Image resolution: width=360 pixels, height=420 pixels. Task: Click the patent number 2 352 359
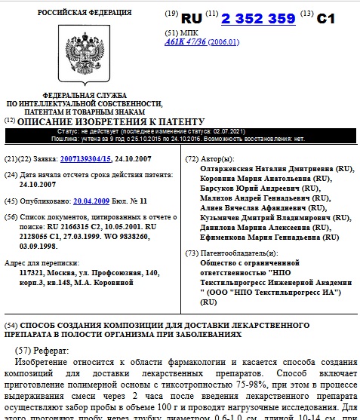(257, 17)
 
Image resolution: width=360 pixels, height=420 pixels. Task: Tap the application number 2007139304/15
(90, 160)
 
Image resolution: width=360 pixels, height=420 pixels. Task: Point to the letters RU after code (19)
(192, 18)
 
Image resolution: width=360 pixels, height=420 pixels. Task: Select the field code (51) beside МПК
(171, 35)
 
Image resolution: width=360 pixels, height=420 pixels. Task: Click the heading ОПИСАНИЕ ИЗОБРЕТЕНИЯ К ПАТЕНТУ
(110, 121)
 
